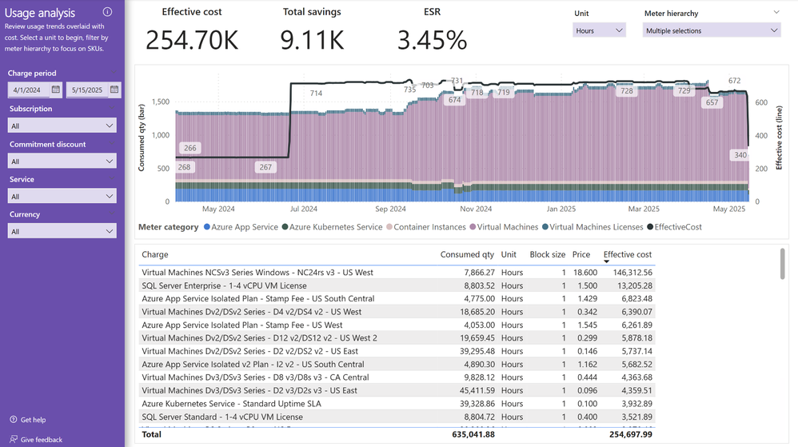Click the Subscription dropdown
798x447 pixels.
point(62,126)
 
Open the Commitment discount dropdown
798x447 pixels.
point(62,161)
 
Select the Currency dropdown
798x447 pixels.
point(62,231)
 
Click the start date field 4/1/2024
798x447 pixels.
point(35,90)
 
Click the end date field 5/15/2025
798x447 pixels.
point(93,90)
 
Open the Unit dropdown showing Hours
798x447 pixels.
point(599,30)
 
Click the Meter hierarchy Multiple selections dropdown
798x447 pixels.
point(711,30)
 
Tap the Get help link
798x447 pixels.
point(33,420)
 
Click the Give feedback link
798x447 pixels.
point(41,440)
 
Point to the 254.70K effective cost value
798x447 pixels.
point(192,40)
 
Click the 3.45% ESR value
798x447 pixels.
point(432,40)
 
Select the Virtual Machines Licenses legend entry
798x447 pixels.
point(596,227)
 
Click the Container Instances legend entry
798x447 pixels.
point(428,227)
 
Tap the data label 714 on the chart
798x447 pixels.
point(316,94)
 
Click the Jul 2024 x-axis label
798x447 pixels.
point(303,210)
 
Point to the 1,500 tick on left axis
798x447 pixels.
point(159,102)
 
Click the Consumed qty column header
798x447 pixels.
point(467,255)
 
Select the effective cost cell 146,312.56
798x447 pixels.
point(628,273)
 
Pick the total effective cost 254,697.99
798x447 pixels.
point(628,434)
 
